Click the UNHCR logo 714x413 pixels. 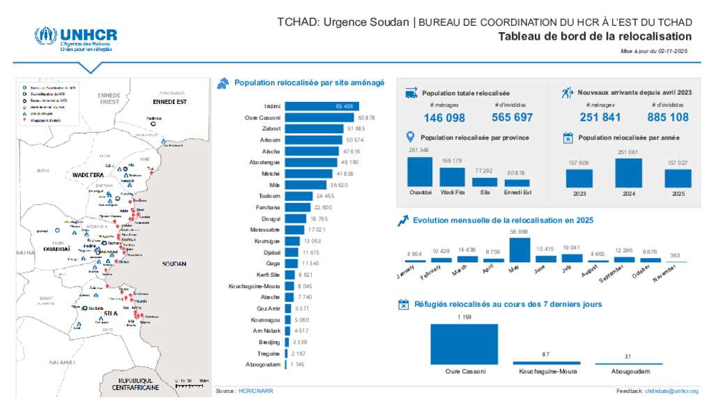75,39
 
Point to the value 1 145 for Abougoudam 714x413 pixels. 298,365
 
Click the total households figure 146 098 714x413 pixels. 444,117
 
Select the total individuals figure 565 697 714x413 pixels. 512,117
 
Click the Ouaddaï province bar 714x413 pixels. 419,172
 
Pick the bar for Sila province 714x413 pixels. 484,181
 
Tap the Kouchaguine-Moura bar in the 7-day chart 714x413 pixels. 546,363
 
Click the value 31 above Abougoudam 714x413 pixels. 628,356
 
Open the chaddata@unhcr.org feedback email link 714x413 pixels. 671,391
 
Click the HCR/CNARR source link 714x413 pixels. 256,391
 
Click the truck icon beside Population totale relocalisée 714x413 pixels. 411,93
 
